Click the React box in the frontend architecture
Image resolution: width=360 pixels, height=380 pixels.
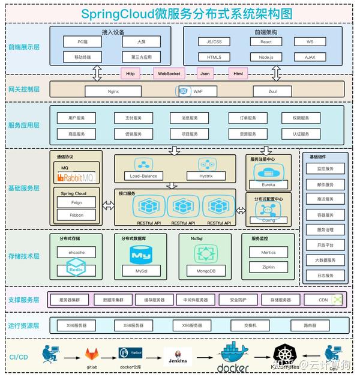pos(266,42)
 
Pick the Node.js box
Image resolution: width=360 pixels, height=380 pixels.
pos(266,57)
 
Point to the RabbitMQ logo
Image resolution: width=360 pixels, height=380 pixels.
pos(76,177)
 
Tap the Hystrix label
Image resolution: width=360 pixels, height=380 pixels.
pos(207,176)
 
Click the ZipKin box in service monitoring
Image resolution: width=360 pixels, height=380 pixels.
pos(268,267)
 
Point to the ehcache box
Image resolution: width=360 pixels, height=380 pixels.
pos(76,253)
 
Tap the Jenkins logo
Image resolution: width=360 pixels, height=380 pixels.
pos(178,357)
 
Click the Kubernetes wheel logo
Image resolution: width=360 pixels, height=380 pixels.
pos(286,354)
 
